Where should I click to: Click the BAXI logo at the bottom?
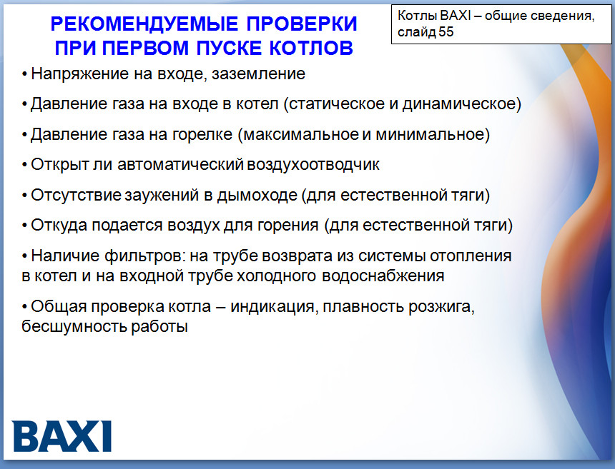[x=62, y=436]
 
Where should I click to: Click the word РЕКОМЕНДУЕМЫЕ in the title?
[x=144, y=24]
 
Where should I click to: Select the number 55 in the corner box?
[x=446, y=31]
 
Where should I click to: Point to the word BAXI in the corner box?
[x=455, y=16]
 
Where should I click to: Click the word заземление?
[x=258, y=74]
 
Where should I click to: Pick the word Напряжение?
[x=79, y=74]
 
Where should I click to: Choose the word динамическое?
[x=458, y=104]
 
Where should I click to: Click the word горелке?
[x=202, y=135]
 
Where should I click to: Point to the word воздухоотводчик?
[x=313, y=165]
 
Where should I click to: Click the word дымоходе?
[x=257, y=195]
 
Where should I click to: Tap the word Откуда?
[x=59, y=226]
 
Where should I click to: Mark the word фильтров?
[x=143, y=256]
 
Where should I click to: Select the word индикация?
[x=272, y=306]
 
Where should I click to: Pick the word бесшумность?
[x=74, y=326]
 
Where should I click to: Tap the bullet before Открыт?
[x=25, y=165]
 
